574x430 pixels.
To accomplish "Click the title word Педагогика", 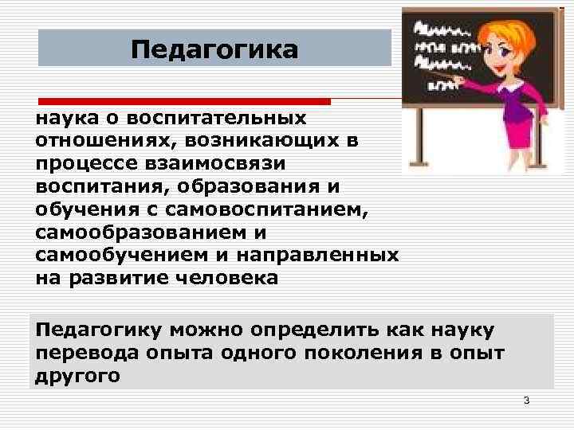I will click(x=214, y=49).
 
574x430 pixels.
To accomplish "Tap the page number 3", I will click(x=526, y=399).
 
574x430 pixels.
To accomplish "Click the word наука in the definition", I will click(x=60, y=118).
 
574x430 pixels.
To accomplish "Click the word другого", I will click(x=77, y=375).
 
